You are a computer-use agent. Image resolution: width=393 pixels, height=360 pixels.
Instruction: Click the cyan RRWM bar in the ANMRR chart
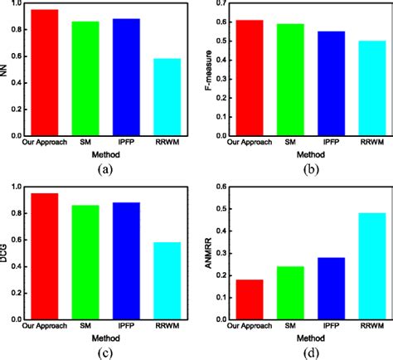(x=371, y=266)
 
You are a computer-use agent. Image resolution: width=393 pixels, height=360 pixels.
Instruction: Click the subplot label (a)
(x=104, y=168)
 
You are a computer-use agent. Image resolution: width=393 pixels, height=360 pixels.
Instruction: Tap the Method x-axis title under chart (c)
(x=104, y=338)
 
